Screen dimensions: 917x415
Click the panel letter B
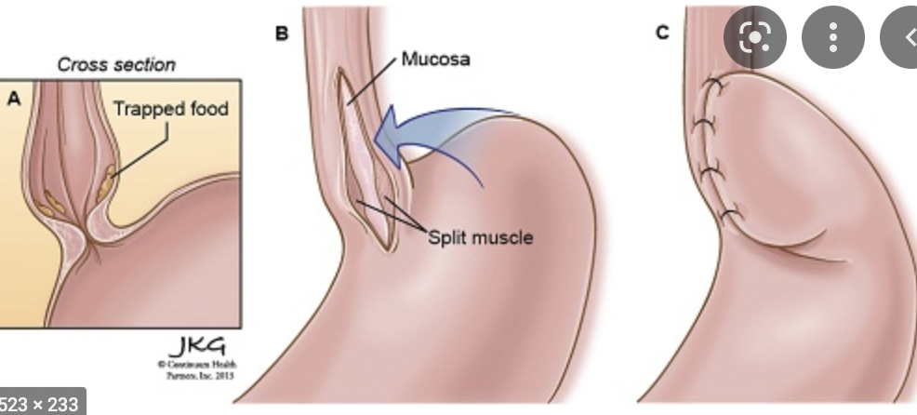[x=282, y=34]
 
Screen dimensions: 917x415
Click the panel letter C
[x=662, y=33]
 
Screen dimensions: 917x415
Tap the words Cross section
[x=116, y=64]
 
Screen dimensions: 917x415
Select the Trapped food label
[x=170, y=109]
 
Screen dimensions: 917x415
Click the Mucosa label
[x=436, y=60]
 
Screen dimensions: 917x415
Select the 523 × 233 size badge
[x=42, y=402]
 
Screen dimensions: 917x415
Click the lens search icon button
[x=755, y=37]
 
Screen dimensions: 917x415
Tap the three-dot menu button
[x=833, y=37]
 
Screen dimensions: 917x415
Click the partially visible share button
[x=904, y=37]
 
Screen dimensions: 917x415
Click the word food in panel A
[x=206, y=109]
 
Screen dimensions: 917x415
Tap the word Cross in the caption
[x=80, y=64]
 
